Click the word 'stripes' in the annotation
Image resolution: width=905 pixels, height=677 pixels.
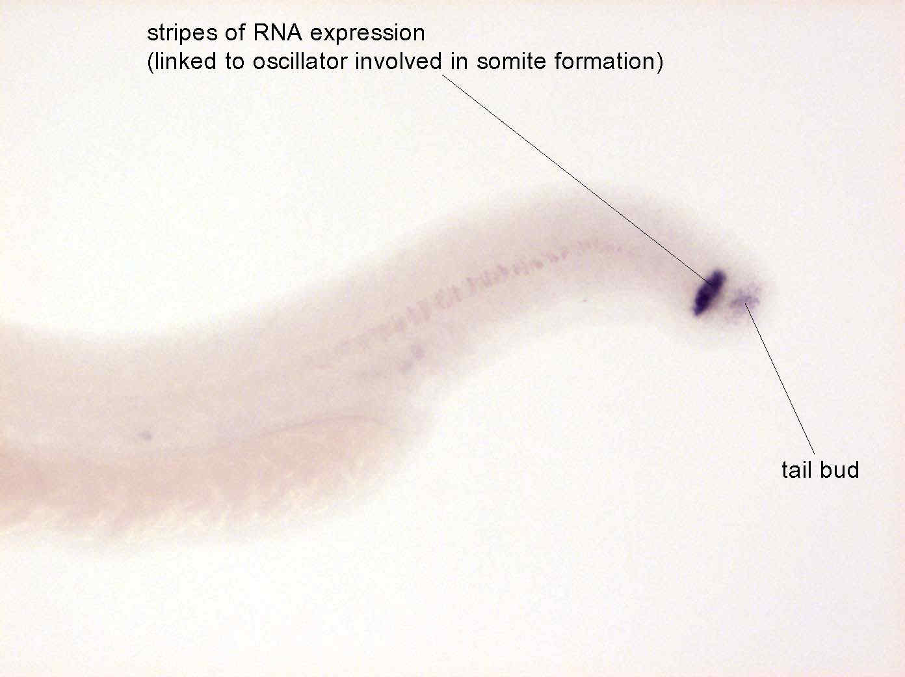182,33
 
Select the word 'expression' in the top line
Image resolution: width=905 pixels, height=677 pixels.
367,34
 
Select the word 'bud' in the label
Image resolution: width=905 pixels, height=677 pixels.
840,470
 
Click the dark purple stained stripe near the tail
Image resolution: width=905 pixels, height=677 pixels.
709,292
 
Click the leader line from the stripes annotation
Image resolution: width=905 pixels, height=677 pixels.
577,180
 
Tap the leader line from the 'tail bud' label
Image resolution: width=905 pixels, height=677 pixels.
780,379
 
